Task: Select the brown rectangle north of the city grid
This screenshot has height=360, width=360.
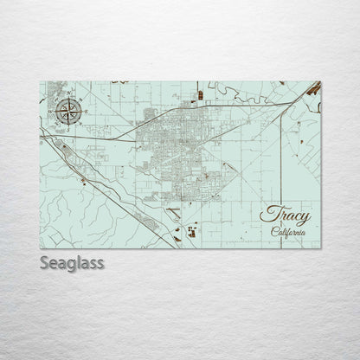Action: click(x=198, y=88)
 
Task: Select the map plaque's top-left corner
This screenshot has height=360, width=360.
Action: click(x=41, y=80)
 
